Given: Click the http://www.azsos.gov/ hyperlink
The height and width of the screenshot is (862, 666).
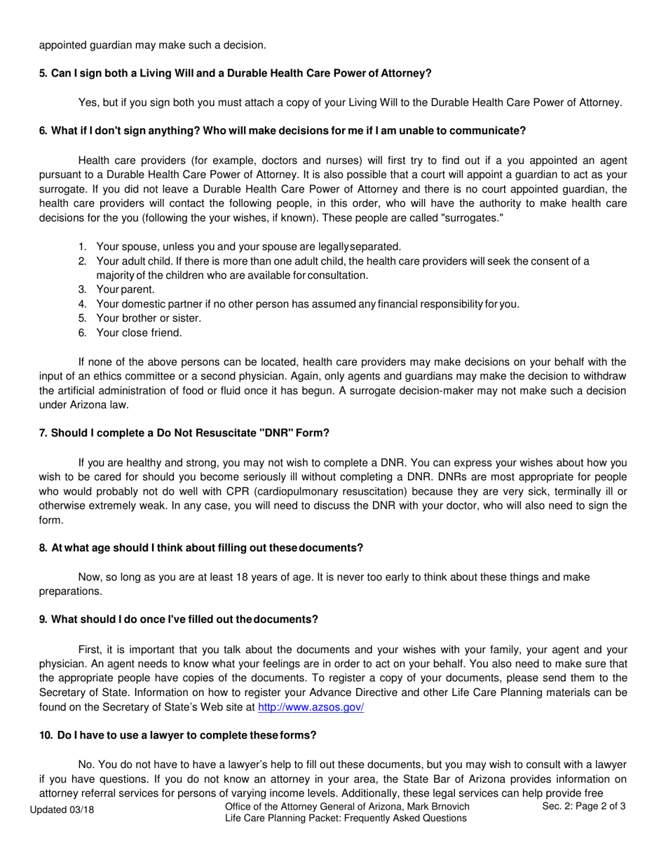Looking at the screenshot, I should [311, 707].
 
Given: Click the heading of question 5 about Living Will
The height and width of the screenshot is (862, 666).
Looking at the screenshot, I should [235, 74].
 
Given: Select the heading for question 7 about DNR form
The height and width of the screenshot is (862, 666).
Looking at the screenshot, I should [184, 433].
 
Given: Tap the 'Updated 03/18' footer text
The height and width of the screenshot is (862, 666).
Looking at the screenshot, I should [62, 809].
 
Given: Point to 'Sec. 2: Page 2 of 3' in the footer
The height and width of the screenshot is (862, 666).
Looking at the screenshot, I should [583, 807].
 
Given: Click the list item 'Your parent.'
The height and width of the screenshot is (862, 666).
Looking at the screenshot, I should [125, 289].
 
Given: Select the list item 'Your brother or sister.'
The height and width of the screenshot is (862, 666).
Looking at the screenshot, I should [148, 318].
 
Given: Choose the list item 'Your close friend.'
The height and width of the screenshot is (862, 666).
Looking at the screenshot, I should [139, 333].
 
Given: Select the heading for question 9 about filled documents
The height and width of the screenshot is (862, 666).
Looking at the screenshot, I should [179, 620].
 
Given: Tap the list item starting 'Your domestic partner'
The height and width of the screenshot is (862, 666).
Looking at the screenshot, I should [307, 304].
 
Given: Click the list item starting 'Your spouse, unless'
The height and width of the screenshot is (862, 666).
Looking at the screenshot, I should [248, 247].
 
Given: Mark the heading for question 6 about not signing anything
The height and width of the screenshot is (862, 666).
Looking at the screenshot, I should [282, 131].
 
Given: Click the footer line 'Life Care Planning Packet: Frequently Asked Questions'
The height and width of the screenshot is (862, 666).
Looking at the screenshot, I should [346, 819].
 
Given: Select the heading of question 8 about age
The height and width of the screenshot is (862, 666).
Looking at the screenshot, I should [201, 547].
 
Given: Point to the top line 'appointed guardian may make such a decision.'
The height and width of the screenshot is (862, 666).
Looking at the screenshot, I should [152, 46].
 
